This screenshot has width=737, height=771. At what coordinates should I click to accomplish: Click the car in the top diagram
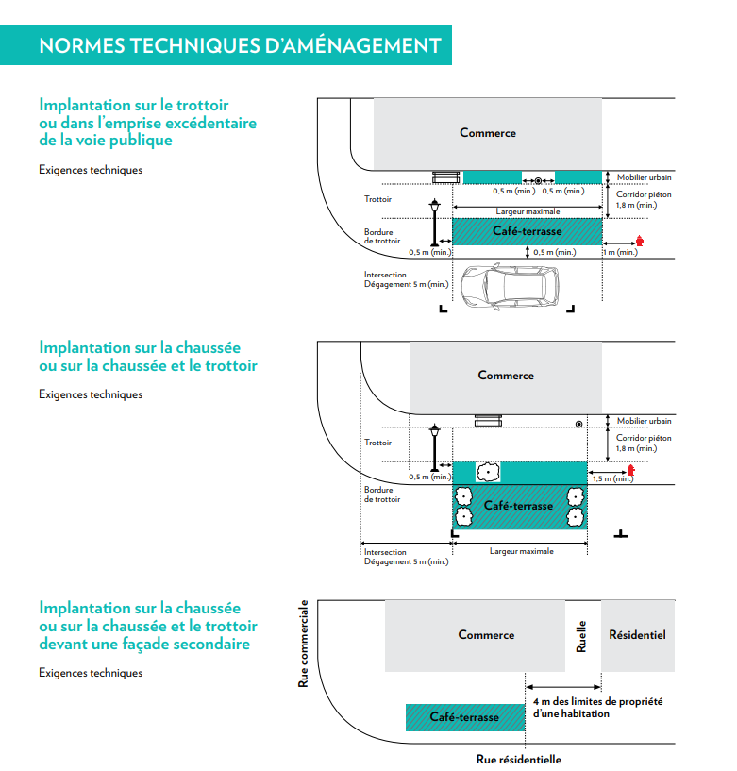510,286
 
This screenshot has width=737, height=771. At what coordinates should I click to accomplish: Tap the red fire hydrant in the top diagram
639,241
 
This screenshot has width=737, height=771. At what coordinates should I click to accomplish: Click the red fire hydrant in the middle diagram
630,470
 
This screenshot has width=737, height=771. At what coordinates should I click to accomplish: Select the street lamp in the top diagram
435,223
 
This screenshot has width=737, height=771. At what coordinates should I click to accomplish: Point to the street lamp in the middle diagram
435,448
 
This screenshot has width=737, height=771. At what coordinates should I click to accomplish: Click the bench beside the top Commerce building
446,177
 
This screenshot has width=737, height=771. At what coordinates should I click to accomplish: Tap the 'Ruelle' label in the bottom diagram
581,636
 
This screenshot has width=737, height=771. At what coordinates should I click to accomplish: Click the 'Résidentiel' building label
637,635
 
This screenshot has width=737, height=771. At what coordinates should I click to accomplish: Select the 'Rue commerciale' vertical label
303,644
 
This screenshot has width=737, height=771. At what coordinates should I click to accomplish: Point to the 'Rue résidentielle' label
519,759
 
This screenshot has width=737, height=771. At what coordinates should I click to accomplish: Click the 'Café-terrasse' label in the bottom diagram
464,717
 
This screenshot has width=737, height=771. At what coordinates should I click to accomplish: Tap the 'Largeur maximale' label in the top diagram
528,211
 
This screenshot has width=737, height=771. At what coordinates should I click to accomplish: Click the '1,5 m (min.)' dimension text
612,478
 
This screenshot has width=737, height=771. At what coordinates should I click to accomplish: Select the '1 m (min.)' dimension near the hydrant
621,252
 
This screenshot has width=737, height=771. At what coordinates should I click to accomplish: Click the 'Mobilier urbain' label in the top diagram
645,177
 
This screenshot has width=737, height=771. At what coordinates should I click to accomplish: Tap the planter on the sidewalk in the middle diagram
488,472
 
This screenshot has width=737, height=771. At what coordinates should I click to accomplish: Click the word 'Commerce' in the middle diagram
506,376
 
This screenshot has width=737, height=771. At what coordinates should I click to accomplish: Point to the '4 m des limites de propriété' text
598,702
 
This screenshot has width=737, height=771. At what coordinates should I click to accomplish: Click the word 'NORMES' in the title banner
82,45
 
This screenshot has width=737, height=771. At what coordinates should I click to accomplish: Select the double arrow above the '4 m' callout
563,687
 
